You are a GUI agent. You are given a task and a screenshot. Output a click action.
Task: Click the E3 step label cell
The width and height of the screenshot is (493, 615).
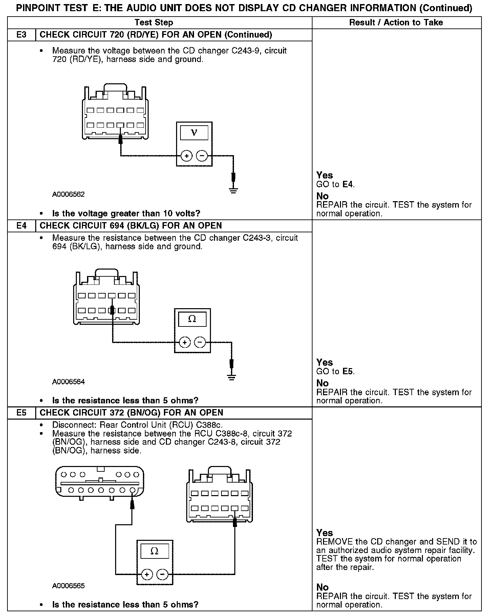click(21, 35)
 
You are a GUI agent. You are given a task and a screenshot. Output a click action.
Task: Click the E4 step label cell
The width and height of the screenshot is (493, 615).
click(21, 226)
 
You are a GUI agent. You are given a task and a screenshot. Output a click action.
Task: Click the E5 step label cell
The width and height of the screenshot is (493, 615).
click(21, 412)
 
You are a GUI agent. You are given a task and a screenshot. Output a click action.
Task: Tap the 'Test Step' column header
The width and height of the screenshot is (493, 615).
click(154, 22)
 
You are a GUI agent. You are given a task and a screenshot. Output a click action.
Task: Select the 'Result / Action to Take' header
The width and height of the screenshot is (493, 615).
click(396, 22)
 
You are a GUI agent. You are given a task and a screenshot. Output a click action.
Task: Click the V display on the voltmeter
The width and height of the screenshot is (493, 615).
click(194, 132)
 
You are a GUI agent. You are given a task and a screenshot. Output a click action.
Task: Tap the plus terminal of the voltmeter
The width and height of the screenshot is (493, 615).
click(187, 156)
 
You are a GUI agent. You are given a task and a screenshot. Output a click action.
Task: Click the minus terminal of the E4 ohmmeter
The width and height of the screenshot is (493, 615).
click(200, 342)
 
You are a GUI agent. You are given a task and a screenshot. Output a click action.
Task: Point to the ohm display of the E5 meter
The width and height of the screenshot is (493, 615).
click(154, 551)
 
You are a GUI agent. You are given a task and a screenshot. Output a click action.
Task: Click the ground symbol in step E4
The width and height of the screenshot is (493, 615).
click(232, 377)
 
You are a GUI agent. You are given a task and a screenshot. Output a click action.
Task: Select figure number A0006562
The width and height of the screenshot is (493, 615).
click(68, 194)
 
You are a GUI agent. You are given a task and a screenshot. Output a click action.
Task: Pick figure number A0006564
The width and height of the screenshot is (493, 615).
click(68, 382)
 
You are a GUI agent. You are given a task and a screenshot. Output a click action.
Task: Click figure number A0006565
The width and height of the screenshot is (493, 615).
click(68, 586)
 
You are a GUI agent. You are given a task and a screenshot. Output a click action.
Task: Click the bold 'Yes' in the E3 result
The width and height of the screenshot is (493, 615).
click(324, 175)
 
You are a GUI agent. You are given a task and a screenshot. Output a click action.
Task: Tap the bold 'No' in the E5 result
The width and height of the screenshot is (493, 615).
click(322, 587)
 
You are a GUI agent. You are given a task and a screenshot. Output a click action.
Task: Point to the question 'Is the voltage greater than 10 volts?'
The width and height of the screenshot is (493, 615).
click(126, 213)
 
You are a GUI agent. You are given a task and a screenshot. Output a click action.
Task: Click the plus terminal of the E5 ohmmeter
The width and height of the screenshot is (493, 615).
click(147, 574)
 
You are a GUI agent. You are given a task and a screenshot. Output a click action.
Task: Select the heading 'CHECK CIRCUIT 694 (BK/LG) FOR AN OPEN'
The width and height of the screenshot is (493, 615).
click(131, 226)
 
